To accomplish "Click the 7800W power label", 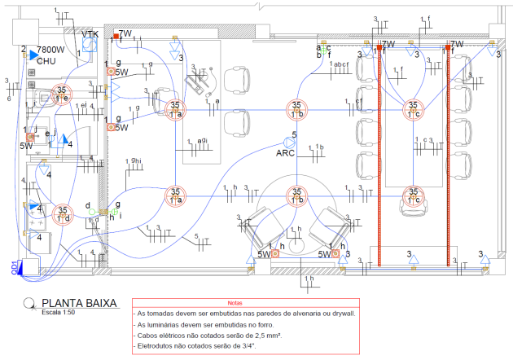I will click(x=51, y=50).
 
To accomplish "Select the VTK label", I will click(x=90, y=34).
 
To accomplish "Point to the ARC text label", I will click(x=286, y=152).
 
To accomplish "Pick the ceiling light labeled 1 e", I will click(x=61, y=94).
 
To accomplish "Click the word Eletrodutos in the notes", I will click(x=159, y=346).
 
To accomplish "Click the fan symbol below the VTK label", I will click(x=90, y=47).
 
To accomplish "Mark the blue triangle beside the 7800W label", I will click(x=33, y=55).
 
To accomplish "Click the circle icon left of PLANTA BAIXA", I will click(x=29, y=304).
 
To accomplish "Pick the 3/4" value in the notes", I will click(x=256, y=346).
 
